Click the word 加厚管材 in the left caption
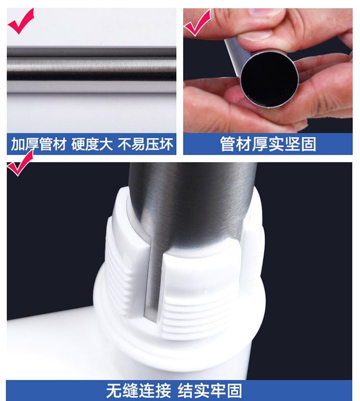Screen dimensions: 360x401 [39, 144]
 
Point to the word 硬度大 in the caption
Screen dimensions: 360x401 [92, 144]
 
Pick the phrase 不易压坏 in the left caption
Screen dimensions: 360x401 [145, 144]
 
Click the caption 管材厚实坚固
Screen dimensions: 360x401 [268, 144]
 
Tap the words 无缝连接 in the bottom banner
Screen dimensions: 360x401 [138, 391]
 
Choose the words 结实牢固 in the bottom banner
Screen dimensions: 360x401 [210, 391]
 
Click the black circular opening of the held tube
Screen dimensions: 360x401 [269, 80]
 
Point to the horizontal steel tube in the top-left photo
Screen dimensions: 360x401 [91, 70]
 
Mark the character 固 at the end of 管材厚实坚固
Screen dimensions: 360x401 [308, 144]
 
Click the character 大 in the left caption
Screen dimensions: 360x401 [106, 144]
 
